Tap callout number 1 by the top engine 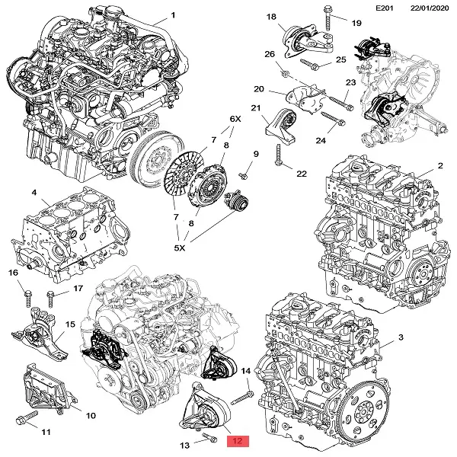click(173, 14)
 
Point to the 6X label click(235, 120)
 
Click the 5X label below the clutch click(181, 247)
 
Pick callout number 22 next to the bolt click(301, 174)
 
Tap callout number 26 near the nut click(270, 54)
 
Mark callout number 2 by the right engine click(440, 165)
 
